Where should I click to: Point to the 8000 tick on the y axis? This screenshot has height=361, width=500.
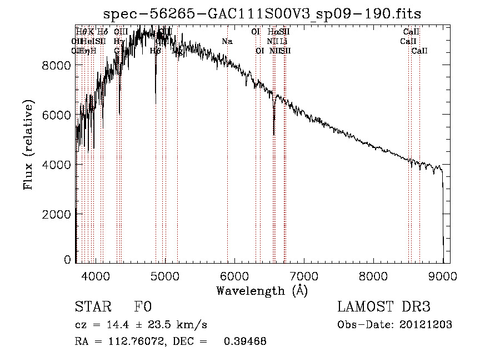click(58, 66)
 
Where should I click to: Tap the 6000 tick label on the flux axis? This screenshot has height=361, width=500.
click(58, 115)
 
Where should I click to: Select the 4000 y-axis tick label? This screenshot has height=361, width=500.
click(58, 165)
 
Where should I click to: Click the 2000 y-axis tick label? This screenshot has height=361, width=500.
click(58, 214)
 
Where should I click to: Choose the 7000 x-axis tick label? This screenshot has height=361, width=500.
click(304, 276)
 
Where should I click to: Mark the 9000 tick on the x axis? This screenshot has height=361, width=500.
click(443, 276)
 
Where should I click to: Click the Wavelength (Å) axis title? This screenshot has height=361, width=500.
click(262, 290)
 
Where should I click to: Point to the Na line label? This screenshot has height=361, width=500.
click(227, 41)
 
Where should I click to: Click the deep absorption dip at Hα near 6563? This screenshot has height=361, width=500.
click(274, 132)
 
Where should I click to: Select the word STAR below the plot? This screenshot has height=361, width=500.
click(92, 307)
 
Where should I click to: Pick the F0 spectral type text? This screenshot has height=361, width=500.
click(143, 307)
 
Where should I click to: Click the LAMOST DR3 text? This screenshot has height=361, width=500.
click(384, 307)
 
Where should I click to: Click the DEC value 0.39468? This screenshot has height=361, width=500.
click(245, 342)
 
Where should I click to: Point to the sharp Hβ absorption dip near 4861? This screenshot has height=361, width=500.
click(156, 103)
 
